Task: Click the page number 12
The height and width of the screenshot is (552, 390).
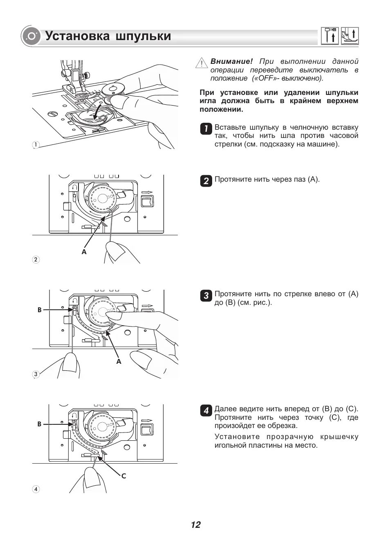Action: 195,525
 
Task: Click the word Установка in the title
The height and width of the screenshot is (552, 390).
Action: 77,36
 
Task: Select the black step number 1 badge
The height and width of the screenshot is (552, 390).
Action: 206,128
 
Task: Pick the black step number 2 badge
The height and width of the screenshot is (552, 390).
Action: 206,180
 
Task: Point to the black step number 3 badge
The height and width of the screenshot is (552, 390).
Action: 206,295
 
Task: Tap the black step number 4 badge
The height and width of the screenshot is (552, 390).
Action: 206,410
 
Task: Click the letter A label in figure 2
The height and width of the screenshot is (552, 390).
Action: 84,252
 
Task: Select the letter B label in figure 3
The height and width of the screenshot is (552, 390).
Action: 40,310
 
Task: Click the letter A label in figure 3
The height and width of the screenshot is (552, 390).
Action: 119,361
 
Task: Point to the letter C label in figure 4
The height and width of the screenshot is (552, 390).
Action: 123,476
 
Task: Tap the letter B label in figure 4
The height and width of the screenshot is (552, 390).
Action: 40,424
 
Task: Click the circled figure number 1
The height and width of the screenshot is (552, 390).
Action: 36,145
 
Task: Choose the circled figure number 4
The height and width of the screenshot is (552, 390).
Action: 36,489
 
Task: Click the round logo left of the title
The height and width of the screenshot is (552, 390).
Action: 31,36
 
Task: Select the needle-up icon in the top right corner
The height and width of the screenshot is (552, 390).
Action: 329,36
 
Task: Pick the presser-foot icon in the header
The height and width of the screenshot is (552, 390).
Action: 350,36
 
